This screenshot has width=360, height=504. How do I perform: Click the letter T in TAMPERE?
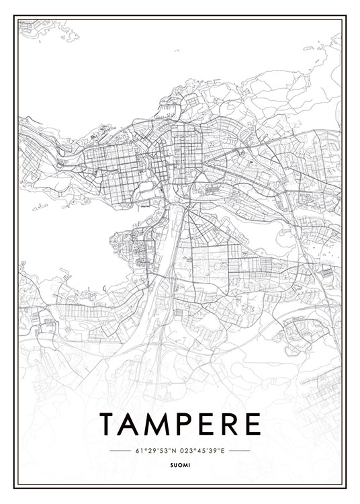109,424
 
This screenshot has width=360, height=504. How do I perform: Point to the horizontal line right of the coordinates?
239,450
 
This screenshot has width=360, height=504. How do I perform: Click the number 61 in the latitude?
138,450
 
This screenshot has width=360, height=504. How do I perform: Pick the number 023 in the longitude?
187,450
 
